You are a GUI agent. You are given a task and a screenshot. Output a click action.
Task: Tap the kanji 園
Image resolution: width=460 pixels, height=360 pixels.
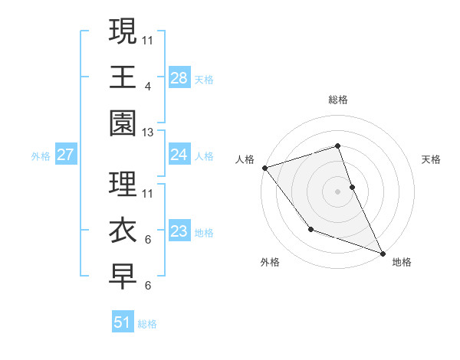pyautogui.click(x=123, y=122)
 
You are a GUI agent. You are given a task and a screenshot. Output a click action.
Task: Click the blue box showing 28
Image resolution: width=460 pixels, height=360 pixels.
pyautogui.click(x=179, y=77)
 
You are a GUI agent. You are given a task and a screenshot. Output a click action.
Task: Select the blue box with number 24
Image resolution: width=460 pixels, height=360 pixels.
pyautogui.click(x=179, y=155)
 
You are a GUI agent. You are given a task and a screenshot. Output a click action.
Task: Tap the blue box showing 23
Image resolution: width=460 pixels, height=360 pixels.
pyautogui.click(x=179, y=231)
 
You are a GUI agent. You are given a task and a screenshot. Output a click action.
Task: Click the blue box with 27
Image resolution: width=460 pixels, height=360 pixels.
pyautogui.click(x=65, y=155)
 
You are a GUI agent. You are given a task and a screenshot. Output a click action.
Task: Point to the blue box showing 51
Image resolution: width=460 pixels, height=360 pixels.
pyautogui.click(x=123, y=322)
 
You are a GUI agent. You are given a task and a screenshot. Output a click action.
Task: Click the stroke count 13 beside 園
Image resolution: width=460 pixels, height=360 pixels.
pyautogui.click(x=148, y=133)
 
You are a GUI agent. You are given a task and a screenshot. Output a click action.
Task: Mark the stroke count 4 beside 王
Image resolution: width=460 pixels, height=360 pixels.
pyautogui.click(x=147, y=87)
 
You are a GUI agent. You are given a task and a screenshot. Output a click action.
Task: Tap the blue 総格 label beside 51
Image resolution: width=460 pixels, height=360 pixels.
pyautogui.click(x=147, y=324)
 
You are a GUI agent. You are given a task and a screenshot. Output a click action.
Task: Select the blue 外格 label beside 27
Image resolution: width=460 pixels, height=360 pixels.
pyautogui.click(x=41, y=156)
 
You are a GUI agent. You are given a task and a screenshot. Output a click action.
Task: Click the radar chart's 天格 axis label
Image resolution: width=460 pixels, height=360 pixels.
pyautogui.click(x=431, y=159)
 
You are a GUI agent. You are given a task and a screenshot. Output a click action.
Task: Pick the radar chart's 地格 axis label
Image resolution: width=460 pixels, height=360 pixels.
pyautogui.click(x=402, y=262)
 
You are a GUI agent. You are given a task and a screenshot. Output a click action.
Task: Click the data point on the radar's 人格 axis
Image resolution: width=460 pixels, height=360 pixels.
pyautogui.click(x=264, y=167)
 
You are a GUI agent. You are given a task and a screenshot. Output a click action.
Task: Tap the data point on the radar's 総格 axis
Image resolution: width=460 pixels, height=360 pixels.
pyautogui.click(x=337, y=146)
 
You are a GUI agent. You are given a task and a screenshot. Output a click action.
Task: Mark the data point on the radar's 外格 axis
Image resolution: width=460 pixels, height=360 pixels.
pyautogui.click(x=310, y=228)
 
